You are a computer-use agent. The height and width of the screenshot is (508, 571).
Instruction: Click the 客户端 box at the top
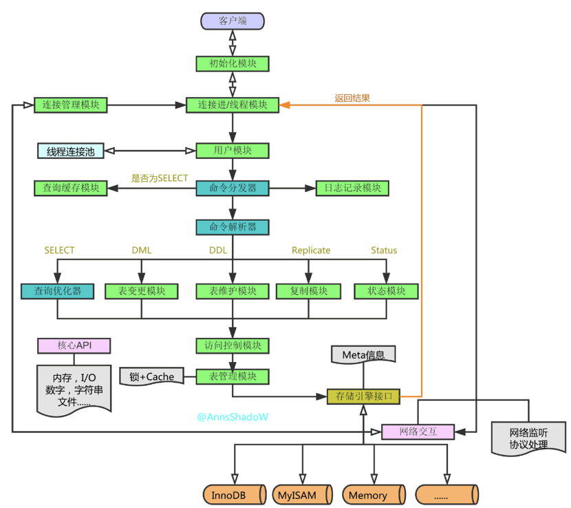tap(233, 21)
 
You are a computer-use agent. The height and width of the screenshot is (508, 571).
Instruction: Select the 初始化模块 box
tap(233, 64)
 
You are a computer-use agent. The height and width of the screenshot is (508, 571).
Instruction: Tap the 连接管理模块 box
tap(71, 105)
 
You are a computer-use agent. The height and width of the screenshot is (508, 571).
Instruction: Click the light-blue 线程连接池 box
tap(71, 151)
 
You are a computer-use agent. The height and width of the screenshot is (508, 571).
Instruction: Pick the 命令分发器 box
tap(233, 188)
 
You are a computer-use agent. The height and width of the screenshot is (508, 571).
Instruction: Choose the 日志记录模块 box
tap(352, 188)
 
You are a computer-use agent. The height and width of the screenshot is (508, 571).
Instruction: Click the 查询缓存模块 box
tap(71, 188)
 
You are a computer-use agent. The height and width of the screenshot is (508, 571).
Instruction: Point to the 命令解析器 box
tap(233, 227)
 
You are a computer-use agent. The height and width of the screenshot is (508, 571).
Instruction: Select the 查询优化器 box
tap(57, 291)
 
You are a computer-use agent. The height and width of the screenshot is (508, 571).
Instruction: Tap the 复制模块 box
tap(308, 291)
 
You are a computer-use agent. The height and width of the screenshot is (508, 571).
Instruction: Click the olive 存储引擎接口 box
tap(363, 396)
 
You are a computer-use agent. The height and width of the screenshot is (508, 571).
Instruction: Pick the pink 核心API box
tap(74, 346)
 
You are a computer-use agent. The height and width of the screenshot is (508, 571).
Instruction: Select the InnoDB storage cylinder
tap(235, 494)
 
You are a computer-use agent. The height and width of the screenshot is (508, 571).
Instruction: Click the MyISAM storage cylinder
tap(302, 494)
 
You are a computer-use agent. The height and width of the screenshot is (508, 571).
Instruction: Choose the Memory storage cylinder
tap(374, 494)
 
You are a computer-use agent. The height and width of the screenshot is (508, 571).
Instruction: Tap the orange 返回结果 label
tap(352, 98)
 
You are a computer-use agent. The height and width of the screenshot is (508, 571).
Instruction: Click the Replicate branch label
tap(311, 251)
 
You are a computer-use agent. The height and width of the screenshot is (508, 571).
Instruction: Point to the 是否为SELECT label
tap(160, 178)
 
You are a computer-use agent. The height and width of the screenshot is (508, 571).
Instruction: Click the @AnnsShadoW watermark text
tap(233, 417)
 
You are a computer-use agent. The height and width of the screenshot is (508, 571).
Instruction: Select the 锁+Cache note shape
tap(152, 376)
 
